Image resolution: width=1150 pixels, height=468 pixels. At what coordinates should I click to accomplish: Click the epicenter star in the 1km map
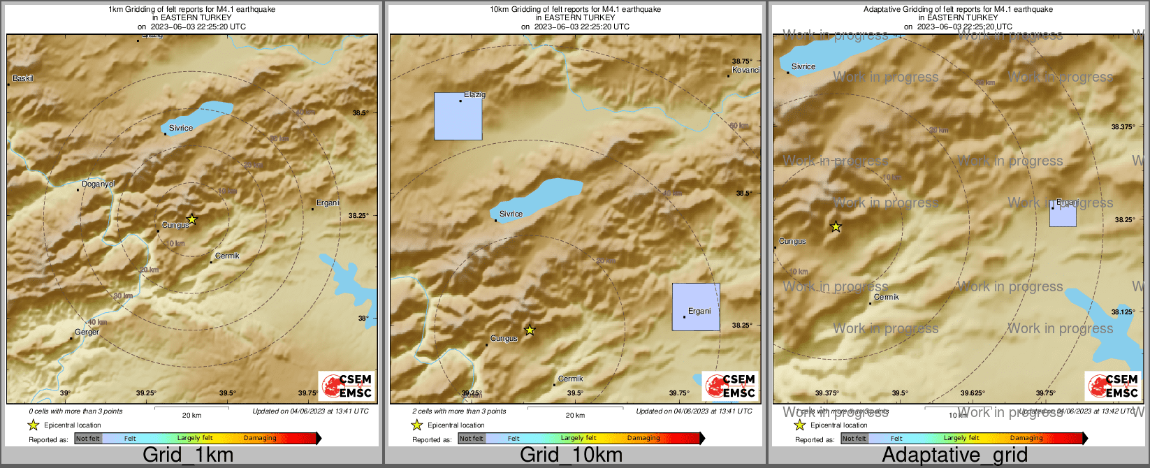(x=192, y=219)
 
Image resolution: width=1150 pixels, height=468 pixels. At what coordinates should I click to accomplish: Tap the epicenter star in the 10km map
(x=530, y=330)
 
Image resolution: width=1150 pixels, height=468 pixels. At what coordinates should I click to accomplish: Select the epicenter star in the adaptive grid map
(x=836, y=226)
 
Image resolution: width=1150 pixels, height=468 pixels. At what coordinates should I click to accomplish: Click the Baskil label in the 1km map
(x=23, y=78)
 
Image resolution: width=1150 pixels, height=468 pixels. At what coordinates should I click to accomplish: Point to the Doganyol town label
(x=98, y=184)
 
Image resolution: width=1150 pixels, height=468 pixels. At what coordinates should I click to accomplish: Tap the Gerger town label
(x=87, y=332)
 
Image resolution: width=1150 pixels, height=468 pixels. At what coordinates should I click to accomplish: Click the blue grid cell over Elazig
(x=458, y=116)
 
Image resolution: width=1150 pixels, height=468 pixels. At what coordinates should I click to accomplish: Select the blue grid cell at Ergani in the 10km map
(x=696, y=307)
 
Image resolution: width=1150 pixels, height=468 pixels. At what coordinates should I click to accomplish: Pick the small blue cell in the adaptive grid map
(x=1063, y=214)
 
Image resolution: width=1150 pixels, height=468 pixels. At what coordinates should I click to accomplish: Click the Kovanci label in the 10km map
(x=745, y=71)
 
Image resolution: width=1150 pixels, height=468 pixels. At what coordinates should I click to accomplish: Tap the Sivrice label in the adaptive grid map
(x=803, y=67)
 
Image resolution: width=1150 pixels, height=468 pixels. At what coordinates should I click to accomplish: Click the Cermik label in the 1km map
(x=227, y=256)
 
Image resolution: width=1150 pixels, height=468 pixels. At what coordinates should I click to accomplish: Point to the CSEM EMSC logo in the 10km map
(x=729, y=386)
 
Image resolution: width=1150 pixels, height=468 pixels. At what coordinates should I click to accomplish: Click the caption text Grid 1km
(x=188, y=455)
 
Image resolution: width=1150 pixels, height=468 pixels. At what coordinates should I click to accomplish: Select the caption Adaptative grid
(x=954, y=455)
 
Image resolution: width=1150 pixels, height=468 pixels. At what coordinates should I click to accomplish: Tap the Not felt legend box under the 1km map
(x=88, y=439)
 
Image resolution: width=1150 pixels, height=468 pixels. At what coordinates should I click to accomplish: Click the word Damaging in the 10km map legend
(x=643, y=439)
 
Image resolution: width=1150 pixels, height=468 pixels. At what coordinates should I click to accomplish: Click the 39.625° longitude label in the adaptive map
(x=972, y=393)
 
